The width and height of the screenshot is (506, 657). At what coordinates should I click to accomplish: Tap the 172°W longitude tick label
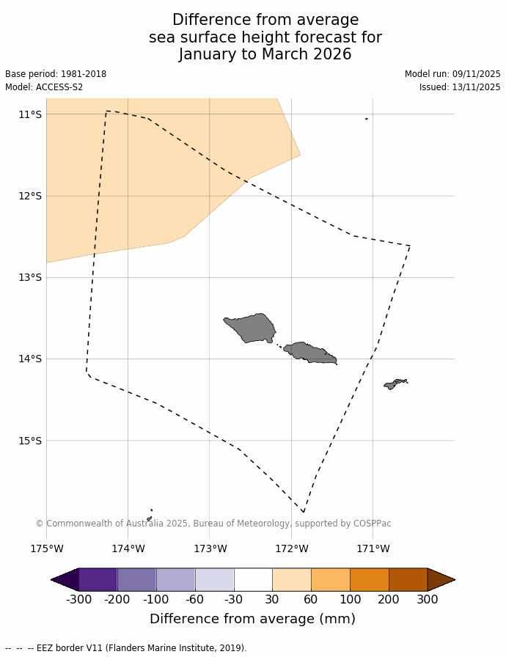click(x=291, y=548)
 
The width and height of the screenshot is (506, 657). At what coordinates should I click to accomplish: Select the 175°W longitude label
click(x=46, y=548)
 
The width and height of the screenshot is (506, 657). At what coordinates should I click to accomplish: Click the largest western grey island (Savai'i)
click(x=252, y=327)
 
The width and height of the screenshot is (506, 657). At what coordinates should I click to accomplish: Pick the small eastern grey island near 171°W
click(x=395, y=383)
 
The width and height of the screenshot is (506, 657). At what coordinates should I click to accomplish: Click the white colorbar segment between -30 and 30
click(x=253, y=579)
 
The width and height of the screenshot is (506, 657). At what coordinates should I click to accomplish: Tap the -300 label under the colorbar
click(x=78, y=600)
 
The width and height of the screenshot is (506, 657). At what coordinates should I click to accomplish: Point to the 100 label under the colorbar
click(x=350, y=600)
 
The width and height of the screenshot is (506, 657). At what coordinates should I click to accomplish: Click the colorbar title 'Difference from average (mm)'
click(x=252, y=619)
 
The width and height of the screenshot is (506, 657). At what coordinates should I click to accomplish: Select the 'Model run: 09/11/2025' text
click(x=452, y=74)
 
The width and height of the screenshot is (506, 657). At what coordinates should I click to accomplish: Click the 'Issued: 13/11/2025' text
click(x=460, y=87)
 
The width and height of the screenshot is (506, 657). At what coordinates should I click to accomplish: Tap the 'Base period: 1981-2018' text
click(x=56, y=74)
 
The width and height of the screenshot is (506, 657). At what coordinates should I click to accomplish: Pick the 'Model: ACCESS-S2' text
click(x=44, y=87)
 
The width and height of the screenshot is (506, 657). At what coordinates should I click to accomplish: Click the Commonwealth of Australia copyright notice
click(x=213, y=524)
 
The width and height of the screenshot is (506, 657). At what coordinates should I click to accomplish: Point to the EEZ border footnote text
click(x=125, y=648)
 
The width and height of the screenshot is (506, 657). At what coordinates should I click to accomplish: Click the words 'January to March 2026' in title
click(x=265, y=54)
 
